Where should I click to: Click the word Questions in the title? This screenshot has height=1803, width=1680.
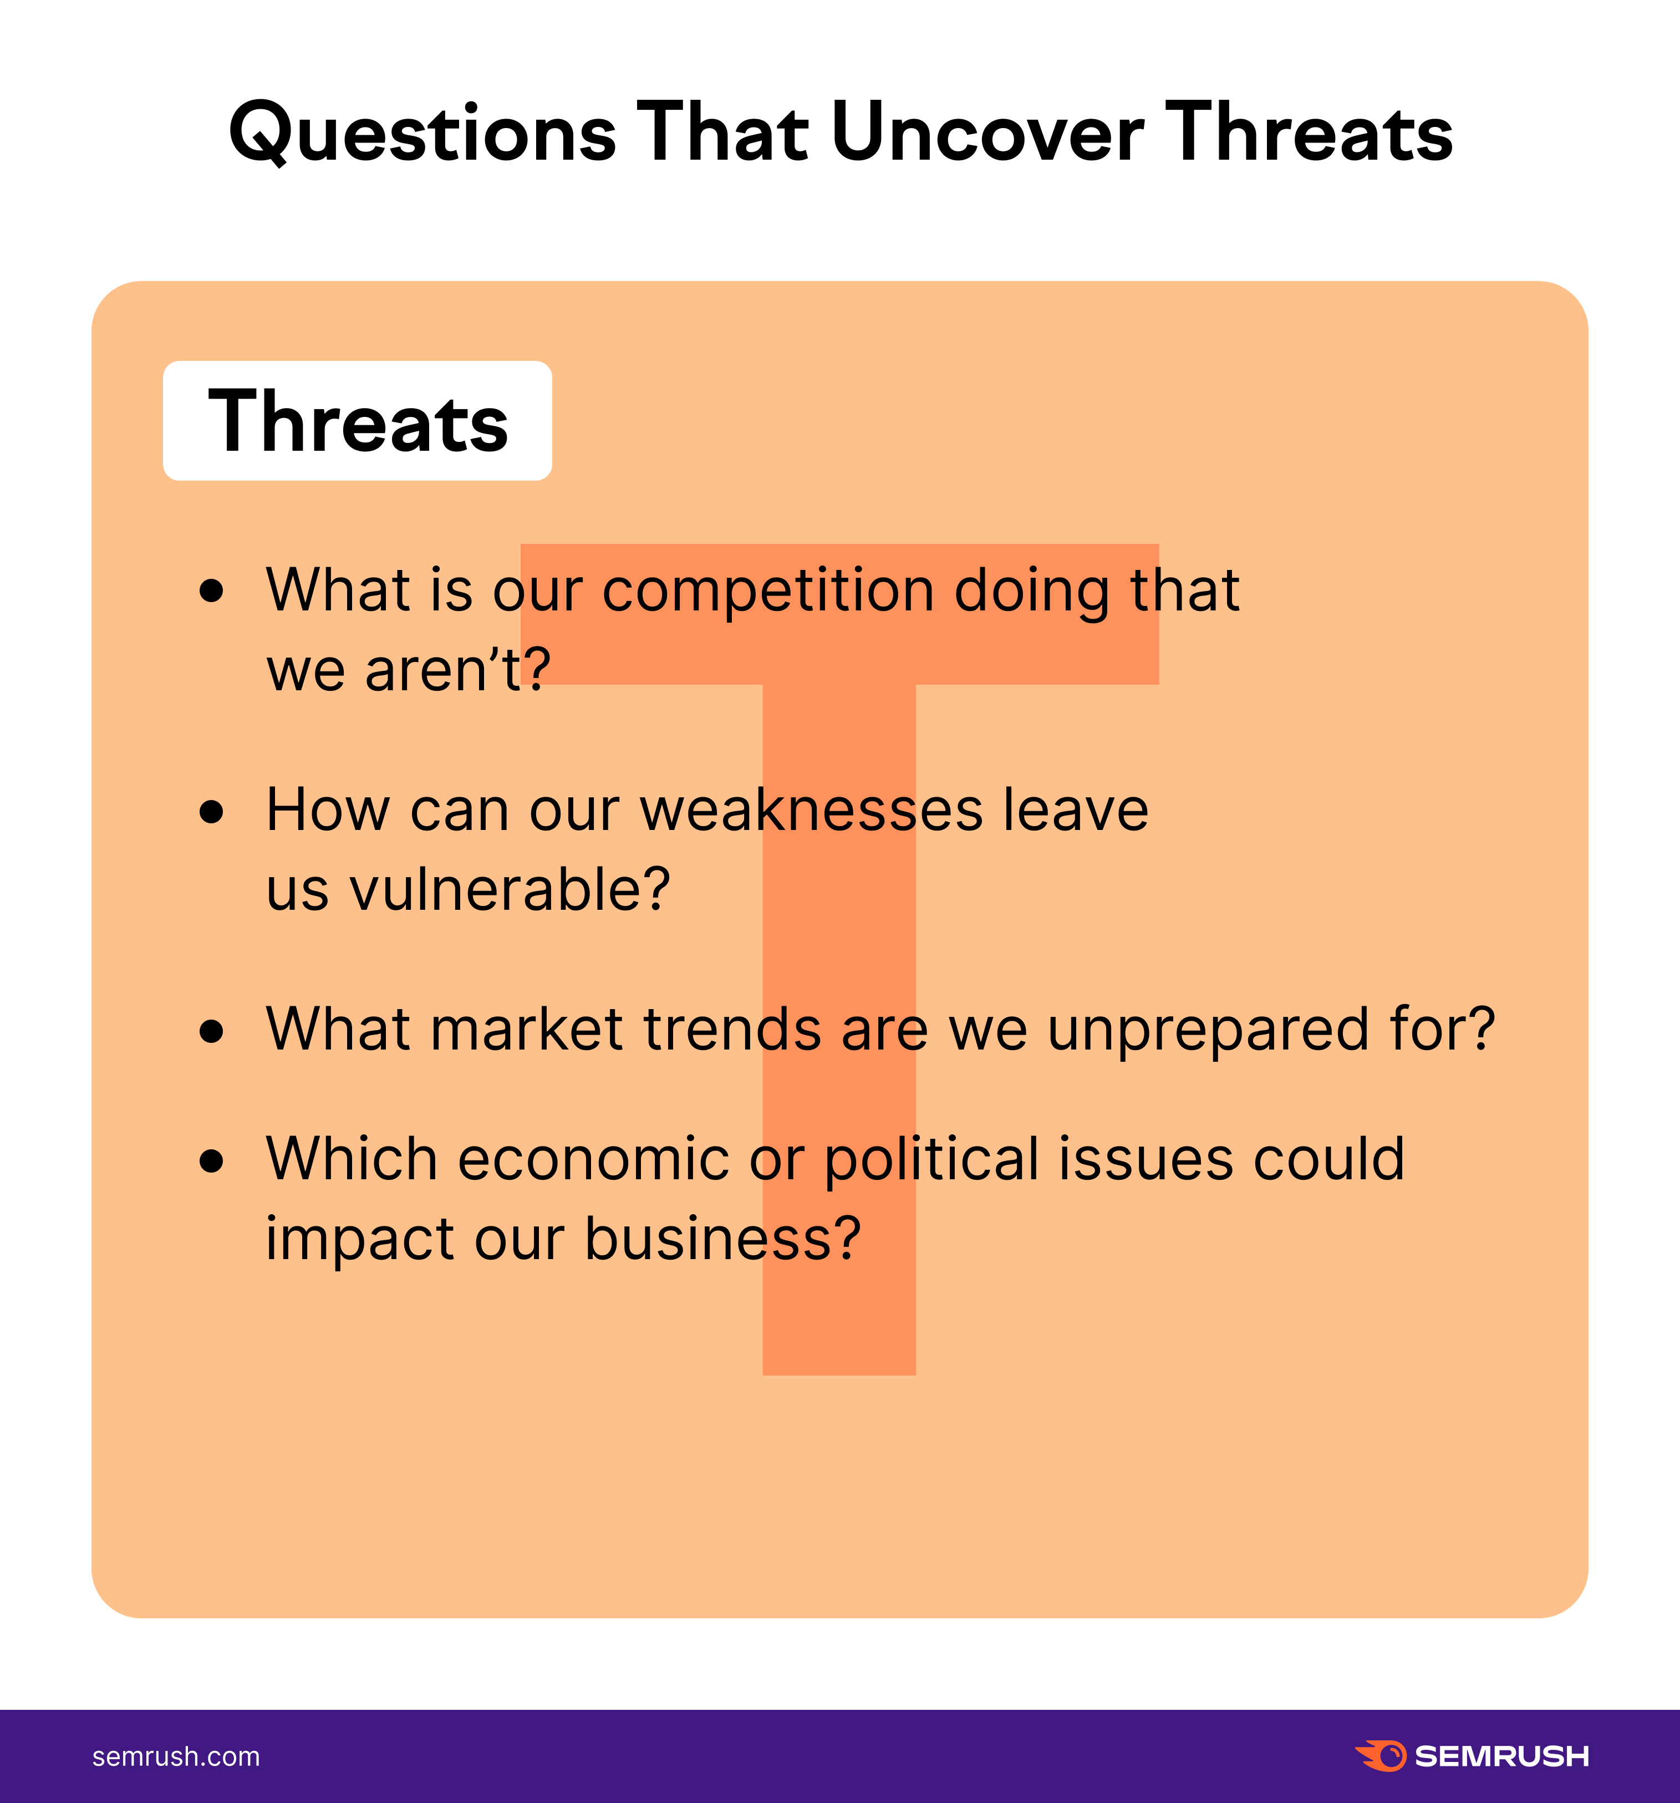(x=422, y=133)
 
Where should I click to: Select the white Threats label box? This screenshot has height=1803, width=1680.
(x=358, y=421)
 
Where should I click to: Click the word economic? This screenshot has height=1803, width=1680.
(x=593, y=1159)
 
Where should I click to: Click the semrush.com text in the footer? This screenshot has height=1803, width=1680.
(x=176, y=1757)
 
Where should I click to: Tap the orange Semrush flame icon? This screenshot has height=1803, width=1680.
(x=1379, y=1756)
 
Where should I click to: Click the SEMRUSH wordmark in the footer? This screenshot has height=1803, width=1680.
(x=1501, y=1757)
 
